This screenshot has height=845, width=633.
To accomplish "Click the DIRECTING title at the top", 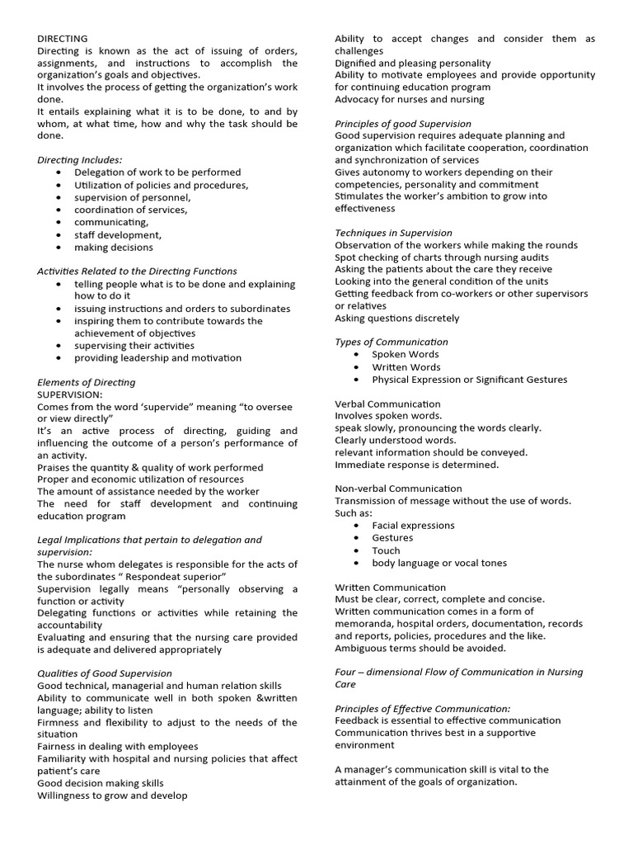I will point(63,38).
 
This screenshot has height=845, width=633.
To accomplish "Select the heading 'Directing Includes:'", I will point(80,159).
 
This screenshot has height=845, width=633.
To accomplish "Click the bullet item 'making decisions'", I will point(113,247).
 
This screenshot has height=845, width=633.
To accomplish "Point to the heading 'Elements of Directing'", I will point(87,382).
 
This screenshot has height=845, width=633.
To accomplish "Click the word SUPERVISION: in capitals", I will point(69,394).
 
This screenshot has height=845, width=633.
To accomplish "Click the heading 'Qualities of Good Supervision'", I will point(105,673).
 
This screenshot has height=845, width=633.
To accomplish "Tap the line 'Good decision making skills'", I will point(101,782).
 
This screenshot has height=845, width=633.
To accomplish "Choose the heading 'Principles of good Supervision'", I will point(403,124).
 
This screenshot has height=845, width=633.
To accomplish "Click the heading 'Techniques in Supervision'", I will point(393,233).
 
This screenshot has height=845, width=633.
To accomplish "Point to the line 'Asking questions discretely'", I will point(397,318).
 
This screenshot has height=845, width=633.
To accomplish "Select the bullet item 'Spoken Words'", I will point(406,354).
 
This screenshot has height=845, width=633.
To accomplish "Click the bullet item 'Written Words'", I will point(406,366).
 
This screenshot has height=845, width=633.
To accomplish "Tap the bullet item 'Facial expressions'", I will point(413,525).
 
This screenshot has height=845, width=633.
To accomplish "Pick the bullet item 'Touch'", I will point(386,550).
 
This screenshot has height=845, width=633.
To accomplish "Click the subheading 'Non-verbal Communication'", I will point(398,489).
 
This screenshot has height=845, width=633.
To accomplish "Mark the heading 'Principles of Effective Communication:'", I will point(422,708).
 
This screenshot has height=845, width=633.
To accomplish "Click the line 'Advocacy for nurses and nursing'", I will point(410,99).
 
